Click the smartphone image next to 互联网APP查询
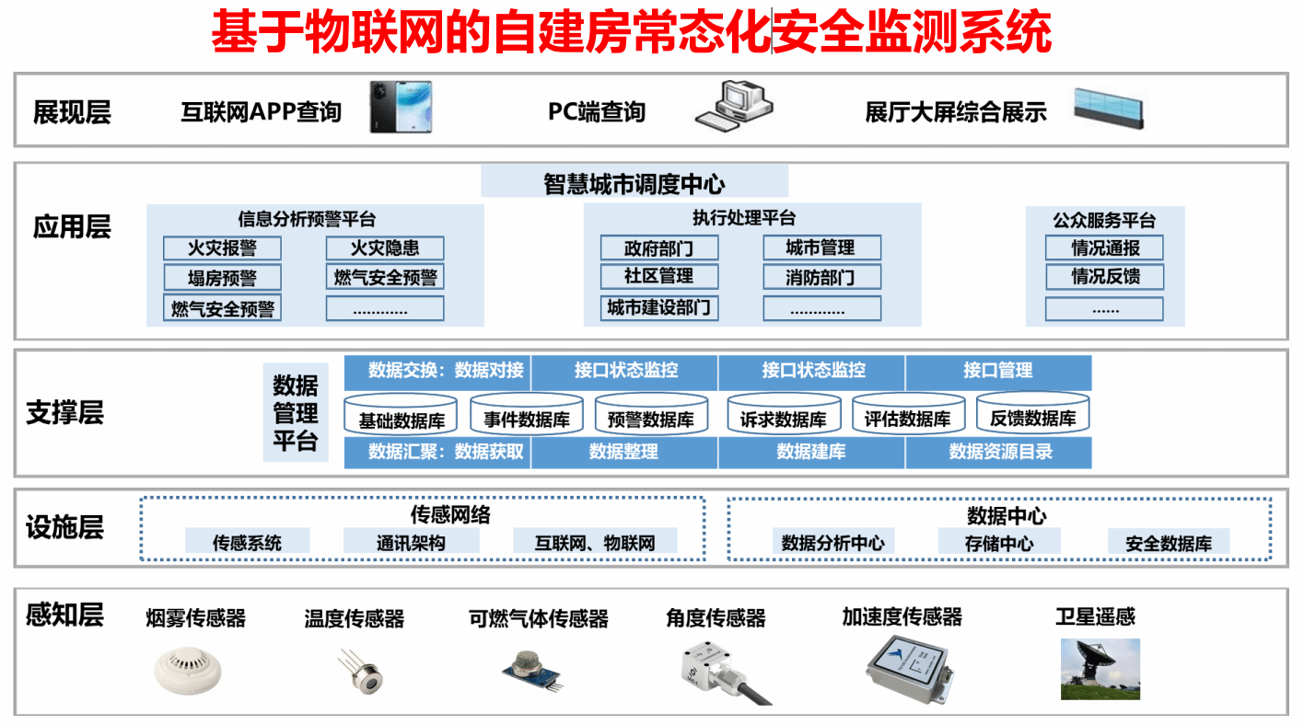click(402, 107)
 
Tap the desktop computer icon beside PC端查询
click(734, 106)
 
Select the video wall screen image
click(1109, 108)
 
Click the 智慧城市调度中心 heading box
click(635, 182)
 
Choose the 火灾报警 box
click(222, 248)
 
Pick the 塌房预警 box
click(222, 277)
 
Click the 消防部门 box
click(822, 277)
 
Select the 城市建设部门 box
click(659, 307)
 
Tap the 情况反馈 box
click(1105, 277)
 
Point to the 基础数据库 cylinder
click(401, 414)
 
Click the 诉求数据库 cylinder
click(784, 413)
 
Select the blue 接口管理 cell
click(998, 372)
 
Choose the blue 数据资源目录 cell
click(998, 453)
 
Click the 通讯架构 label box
click(411, 541)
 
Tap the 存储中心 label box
click(999, 542)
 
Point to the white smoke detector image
click(188, 671)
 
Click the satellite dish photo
click(1100, 669)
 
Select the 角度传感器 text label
click(716, 617)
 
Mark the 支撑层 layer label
click(64, 412)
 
